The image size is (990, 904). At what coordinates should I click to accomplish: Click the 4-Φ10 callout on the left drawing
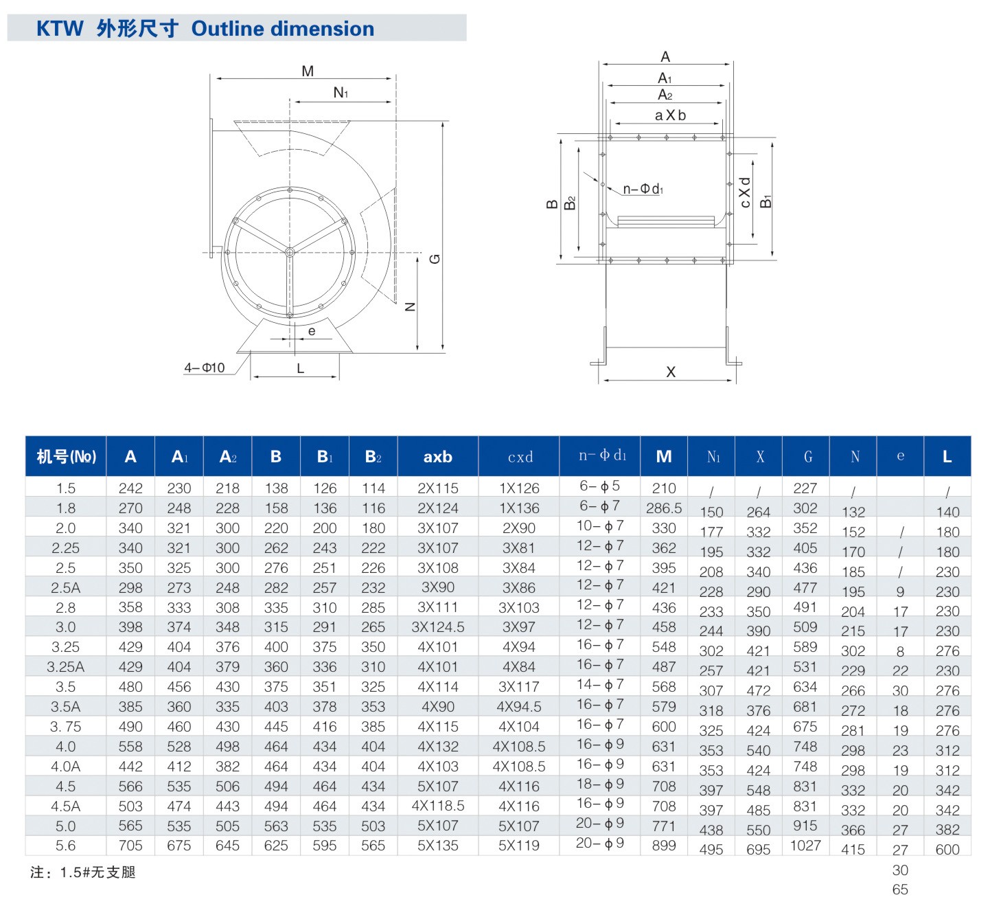(204, 368)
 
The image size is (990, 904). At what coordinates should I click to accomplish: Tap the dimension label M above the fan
(308, 71)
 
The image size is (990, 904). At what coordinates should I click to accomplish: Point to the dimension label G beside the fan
(435, 259)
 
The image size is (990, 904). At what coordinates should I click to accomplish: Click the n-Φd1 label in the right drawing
(643, 189)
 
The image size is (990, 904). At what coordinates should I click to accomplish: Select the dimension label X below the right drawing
(671, 372)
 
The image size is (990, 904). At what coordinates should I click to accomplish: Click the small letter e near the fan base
(312, 331)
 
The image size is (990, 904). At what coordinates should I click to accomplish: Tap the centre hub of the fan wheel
(289, 253)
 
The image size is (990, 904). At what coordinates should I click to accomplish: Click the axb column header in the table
(437, 457)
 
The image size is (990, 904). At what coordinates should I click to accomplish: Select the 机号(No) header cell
(66, 457)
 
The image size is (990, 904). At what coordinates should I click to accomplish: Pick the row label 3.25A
(66, 667)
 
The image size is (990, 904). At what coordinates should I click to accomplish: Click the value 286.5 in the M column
(664, 508)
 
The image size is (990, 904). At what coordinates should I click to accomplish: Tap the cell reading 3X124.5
(437, 627)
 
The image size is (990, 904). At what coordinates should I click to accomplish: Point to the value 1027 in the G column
(805, 846)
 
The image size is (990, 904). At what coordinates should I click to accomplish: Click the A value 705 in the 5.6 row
(130, 846)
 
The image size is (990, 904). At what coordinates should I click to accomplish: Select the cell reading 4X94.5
(519, 707)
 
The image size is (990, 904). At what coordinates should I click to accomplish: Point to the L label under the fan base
(300, 369)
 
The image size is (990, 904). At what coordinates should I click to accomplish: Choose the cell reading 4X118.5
(437, 806)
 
